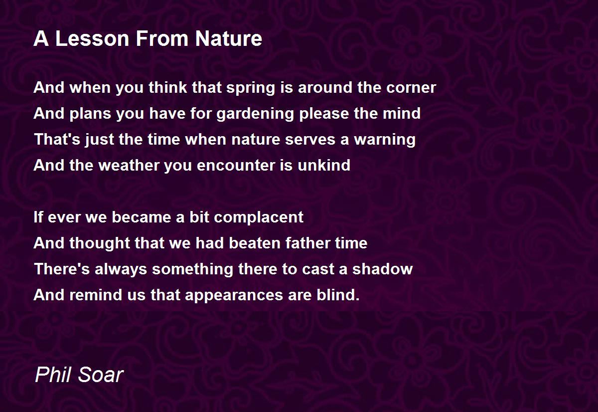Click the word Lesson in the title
click(x=92, y=38)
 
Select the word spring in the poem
click(x=251, y=88)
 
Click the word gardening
click(x=255, y=114)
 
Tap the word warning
click(x=385, y=140)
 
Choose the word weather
click(x=129, y=165)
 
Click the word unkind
click(x=324, y=165)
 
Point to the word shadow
click(x=382, y=269)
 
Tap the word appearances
click(x=234, y=295)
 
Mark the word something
click(x=192, y=269)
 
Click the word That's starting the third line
click(x=57, y=139)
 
